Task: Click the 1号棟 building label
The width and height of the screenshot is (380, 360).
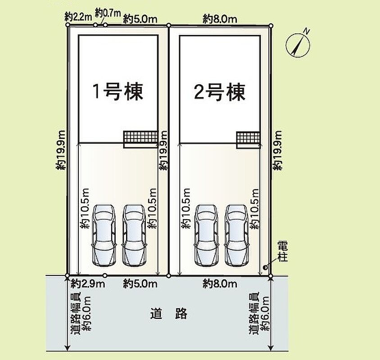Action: (x=118, y=92)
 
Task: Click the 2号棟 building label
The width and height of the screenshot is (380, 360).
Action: (x=220, y=92)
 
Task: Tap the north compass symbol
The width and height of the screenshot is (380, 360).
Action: (x=299, y=45)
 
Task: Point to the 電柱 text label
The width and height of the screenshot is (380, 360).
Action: (x=282, y=251)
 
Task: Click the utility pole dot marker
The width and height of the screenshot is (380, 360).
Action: (x=265, y=267)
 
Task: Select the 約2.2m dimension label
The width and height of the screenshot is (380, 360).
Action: (x=78, y=17)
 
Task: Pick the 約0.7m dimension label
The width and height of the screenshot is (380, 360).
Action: (x=108, y=13)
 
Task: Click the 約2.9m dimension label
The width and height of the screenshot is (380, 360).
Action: (x=88, y=283)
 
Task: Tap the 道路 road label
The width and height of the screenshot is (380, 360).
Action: (x=169, y=314)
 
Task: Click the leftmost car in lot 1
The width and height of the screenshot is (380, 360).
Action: (x=104, y=235)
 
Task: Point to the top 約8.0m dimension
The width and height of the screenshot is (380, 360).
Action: (x=220, y=19)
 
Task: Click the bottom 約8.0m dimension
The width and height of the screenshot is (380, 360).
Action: (x=220, y=283)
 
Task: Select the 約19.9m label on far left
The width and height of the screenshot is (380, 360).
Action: (x=61, y=150)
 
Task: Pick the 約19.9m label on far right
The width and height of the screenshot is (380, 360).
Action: (x=277, y=150)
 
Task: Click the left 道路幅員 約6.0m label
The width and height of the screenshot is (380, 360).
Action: (x=81, y=314)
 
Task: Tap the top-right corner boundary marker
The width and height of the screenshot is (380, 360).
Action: (x=271, y=25)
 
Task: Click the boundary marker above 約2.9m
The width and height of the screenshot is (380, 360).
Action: (x=105, y=275)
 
